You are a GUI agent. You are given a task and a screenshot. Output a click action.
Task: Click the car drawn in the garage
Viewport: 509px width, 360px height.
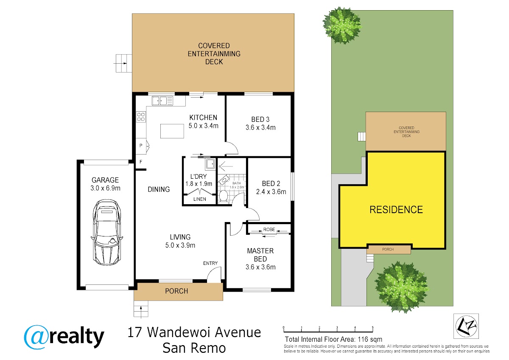click(106, 232)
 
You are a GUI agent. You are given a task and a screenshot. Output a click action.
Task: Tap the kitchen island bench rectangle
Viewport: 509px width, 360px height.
click(172, 131)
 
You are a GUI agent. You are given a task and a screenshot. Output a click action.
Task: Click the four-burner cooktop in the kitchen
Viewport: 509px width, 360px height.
click(141, 117)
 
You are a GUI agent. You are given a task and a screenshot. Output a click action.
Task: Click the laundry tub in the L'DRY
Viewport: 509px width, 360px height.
click(210, 164)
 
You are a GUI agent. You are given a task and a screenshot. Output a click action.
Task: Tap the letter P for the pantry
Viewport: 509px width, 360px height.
click(141, 145)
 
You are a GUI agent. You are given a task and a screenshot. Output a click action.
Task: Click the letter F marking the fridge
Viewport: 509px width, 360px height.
click(141, 162)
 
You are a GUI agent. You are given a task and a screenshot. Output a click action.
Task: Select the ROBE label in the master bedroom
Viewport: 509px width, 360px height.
click(269, 230)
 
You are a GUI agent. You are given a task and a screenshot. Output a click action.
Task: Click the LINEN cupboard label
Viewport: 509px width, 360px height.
click(200, 199)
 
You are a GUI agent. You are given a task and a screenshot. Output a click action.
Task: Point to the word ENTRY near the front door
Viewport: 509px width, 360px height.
click(210, 263)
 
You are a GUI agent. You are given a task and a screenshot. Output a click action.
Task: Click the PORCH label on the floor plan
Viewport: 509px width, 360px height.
click(176, 291)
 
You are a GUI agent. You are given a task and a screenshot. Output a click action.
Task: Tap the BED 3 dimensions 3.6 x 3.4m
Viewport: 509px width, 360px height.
click(260, 127)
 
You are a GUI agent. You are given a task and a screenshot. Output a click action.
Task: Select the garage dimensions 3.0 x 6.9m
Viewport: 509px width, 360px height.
click(105, 188)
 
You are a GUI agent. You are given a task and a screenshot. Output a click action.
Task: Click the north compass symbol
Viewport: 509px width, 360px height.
click(466, 326)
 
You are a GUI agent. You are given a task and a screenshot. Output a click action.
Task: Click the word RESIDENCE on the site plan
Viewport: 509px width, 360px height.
click(396, 209)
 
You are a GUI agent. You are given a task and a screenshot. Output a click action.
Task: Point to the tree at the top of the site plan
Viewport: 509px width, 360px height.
click(342, 25)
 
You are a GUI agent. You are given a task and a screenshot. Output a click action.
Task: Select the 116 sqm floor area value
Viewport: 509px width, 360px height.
click(370, 339)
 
